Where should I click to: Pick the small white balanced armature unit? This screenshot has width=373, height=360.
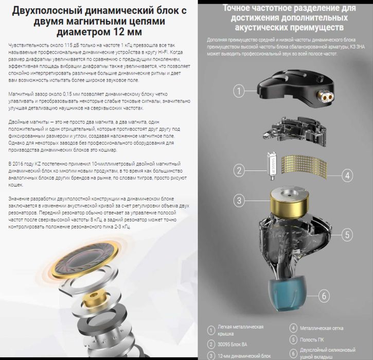[x=271, y=164]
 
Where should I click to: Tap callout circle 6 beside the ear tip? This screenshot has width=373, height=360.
[x=323, y=296]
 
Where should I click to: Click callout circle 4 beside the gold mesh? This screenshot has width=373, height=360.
[x=347, y=175]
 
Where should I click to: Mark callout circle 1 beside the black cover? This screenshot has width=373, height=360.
[x=238, y=92]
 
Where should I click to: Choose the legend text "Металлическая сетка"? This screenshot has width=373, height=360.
[x=323, y=328]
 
